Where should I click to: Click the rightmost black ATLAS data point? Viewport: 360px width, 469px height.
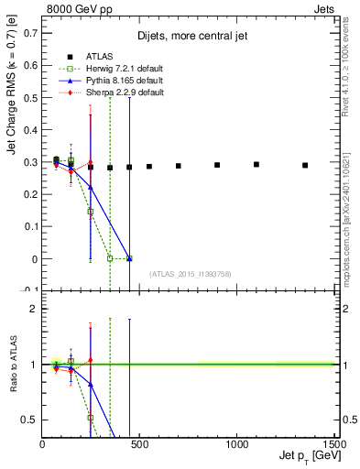(x=305, y=165)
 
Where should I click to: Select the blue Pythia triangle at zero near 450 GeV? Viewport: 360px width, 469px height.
(x=129, y=258)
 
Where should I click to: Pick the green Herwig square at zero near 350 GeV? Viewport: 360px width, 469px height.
(x=110, y=258)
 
